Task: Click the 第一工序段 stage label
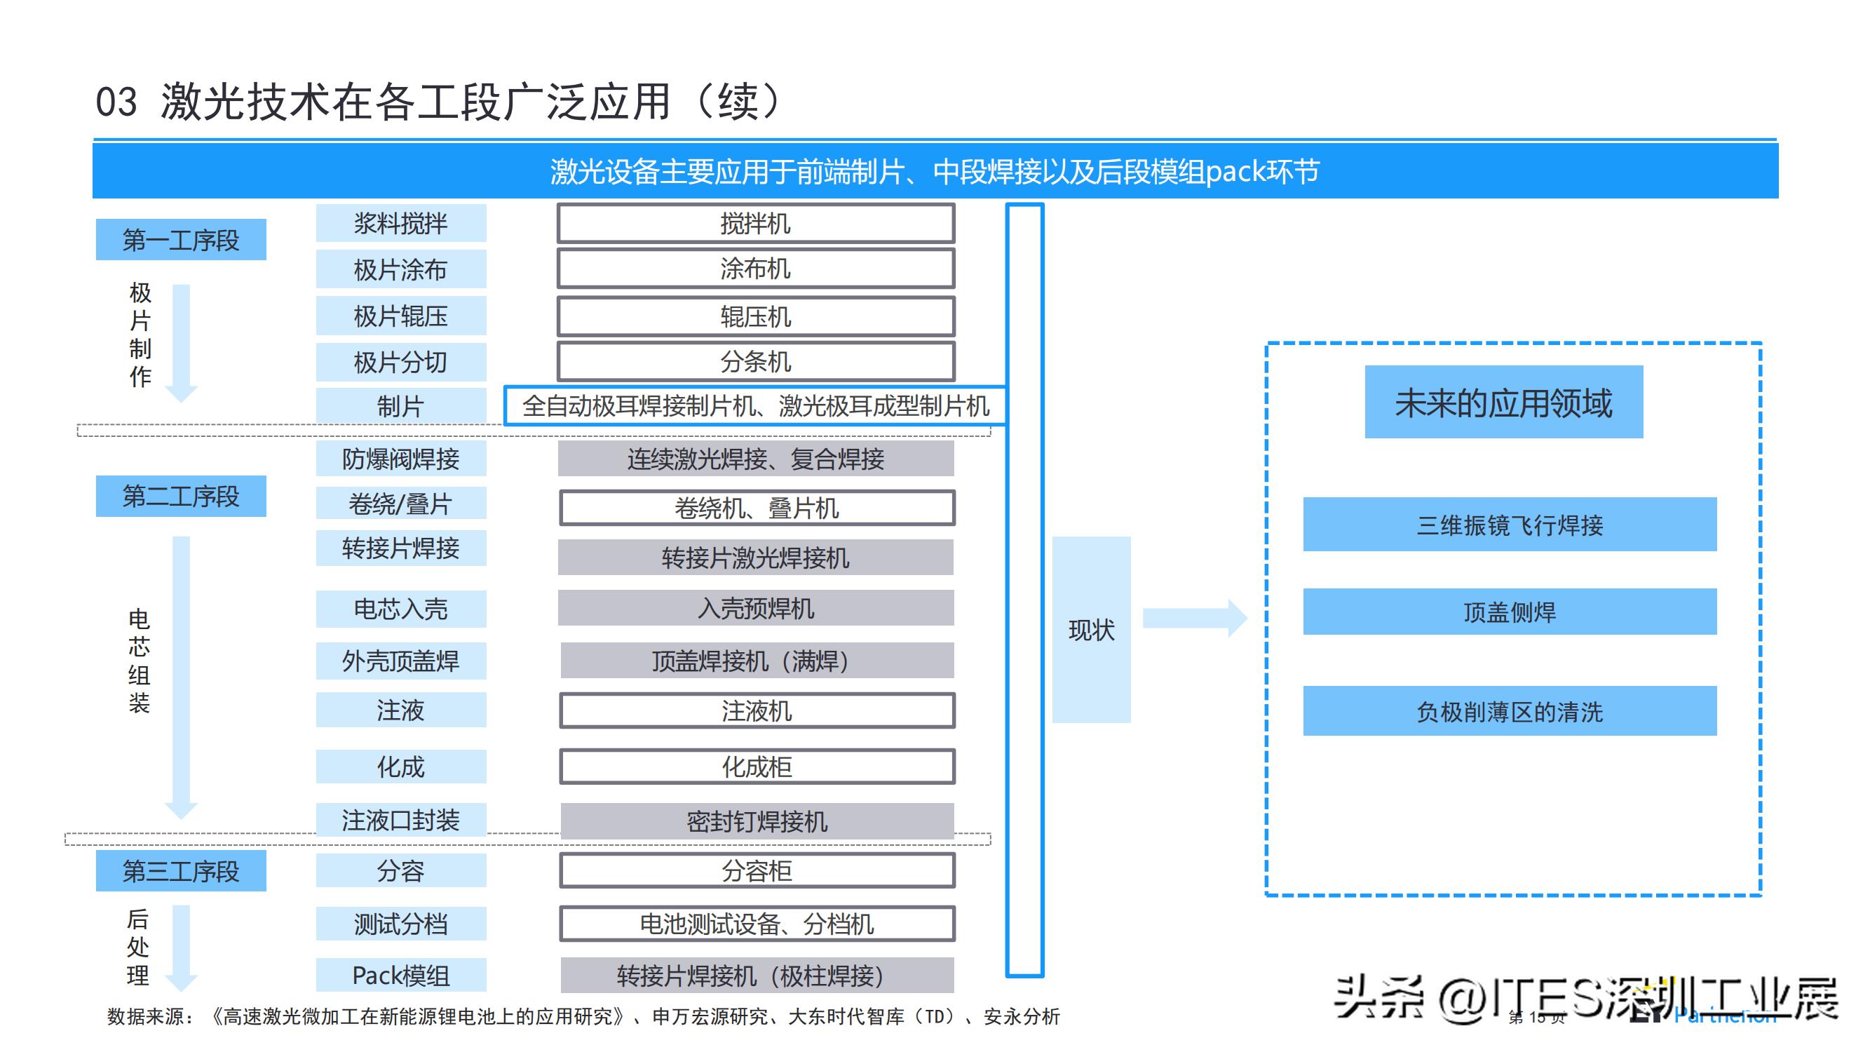tap(181, 240)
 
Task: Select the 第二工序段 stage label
tap(181, 497)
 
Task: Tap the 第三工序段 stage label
tap(181, 871)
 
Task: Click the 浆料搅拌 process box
tap(401, 224)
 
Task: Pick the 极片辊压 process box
tap(401, 316)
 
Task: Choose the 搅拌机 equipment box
tap(756, 224)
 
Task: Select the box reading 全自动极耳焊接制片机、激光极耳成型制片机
tap(755, 406)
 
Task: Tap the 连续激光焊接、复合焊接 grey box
tap(756, 459)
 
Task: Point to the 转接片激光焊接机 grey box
tap(756, 558)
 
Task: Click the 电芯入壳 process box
tap(401, 608)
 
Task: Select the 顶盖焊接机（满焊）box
tap(757, 661)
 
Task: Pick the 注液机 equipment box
tap(757, 710)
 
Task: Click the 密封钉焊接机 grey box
tap(757, 821)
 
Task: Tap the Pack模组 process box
tap(401, 975)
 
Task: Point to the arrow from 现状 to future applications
tap(1194, 619)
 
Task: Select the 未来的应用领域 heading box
tap(1503, 402)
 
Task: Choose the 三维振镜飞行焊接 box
tap(1509, 525)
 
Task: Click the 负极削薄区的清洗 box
tap(1509, 711)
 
